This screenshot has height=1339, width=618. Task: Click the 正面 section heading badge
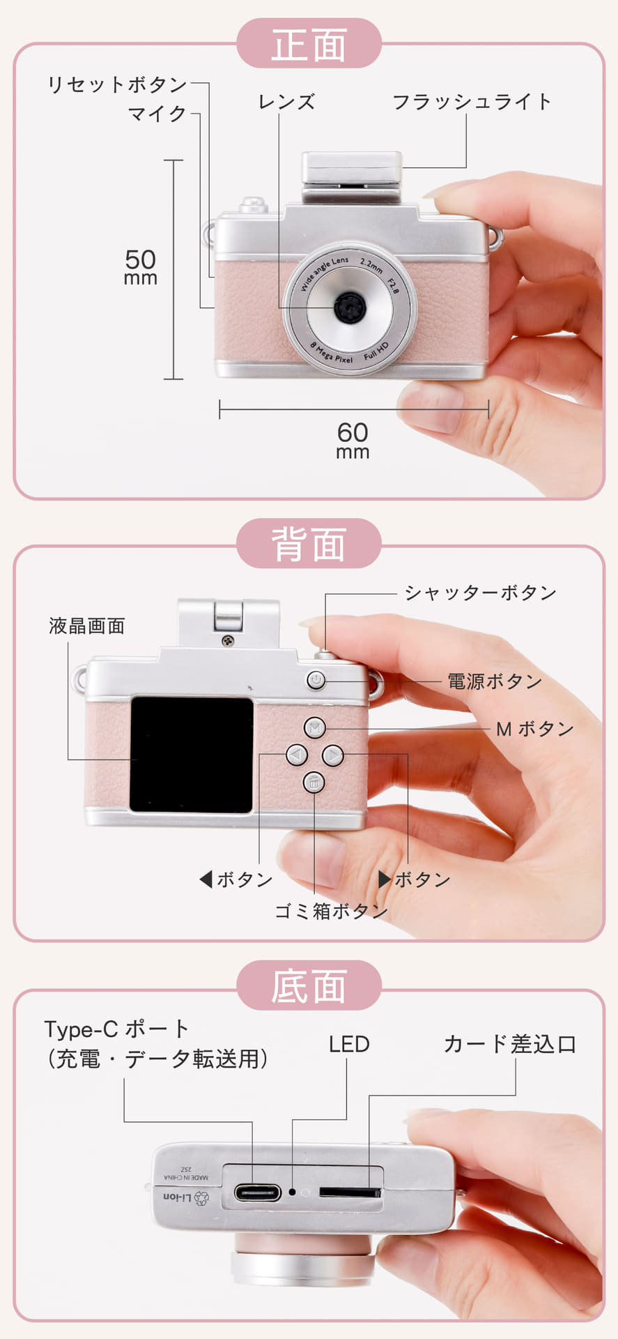[x=309, y=45]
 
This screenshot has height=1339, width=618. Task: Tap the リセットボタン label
[x=117, y=84]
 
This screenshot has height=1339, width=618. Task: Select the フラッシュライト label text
[x=472, y=102]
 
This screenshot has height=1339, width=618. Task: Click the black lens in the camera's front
[x=348, y=305]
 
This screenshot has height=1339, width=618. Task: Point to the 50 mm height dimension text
[x=140, y=267]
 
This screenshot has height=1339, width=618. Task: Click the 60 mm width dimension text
[x=353, y=440]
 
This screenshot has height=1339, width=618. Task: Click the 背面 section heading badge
[x=309, y=544]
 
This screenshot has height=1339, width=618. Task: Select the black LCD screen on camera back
[x=192, y=754]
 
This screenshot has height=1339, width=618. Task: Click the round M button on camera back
[x=315, y=728]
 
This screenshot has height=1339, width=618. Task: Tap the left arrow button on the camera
[x=297, y=755]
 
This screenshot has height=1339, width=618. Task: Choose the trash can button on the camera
[x=314, y=782]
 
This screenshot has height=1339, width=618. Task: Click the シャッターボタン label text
[x=480, y=593]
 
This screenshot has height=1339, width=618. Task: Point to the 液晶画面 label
[x=87, y=626]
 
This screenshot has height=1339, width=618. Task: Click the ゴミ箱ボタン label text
[x=331, y=911]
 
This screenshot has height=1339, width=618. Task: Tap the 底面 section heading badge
[x=309, y=986]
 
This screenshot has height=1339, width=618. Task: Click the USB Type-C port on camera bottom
[x=257, y=1193]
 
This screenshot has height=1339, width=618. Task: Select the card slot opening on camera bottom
[x=350, y=1192]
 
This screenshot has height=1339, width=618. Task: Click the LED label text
[x=349, y=1044]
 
